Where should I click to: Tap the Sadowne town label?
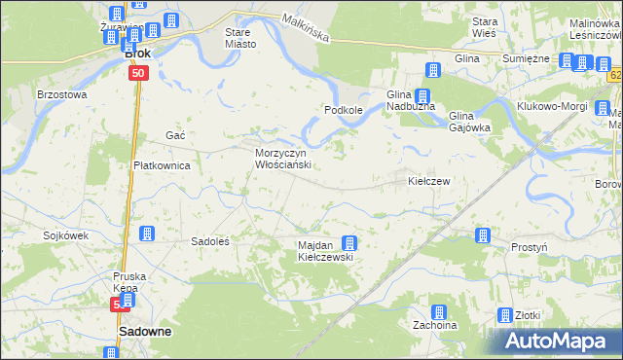[145, 331]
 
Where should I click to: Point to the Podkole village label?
[344, 111]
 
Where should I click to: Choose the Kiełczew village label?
[428, 182]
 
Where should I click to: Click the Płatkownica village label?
[161, 165]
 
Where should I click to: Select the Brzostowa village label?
[61, 95]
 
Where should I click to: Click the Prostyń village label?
[529, 248]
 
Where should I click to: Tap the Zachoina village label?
[434, 326]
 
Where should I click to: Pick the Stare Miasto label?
[239, 38]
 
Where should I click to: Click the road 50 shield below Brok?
[138, 73]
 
